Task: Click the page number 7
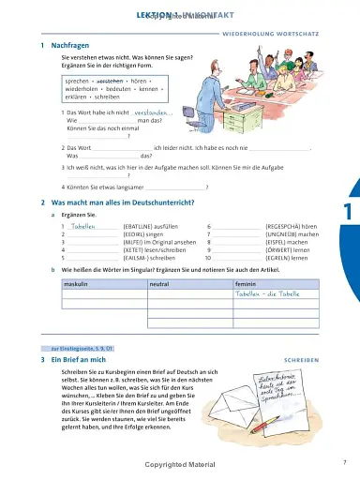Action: (344, 461)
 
